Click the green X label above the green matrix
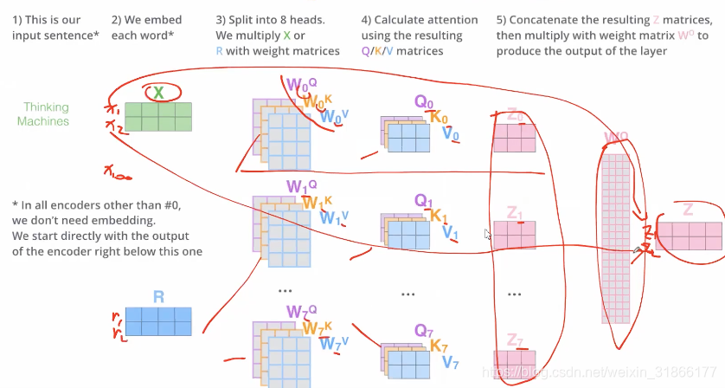pos(158,92)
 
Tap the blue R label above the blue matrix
pos(158,296)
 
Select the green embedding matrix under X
pos(158,116)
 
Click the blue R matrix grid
pos(158,321)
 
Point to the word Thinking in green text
pos(46,107)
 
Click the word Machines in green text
pos(43,121)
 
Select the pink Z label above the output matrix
pos(688,210)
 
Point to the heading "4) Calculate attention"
pos(420,19)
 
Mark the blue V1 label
pos(448,233)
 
